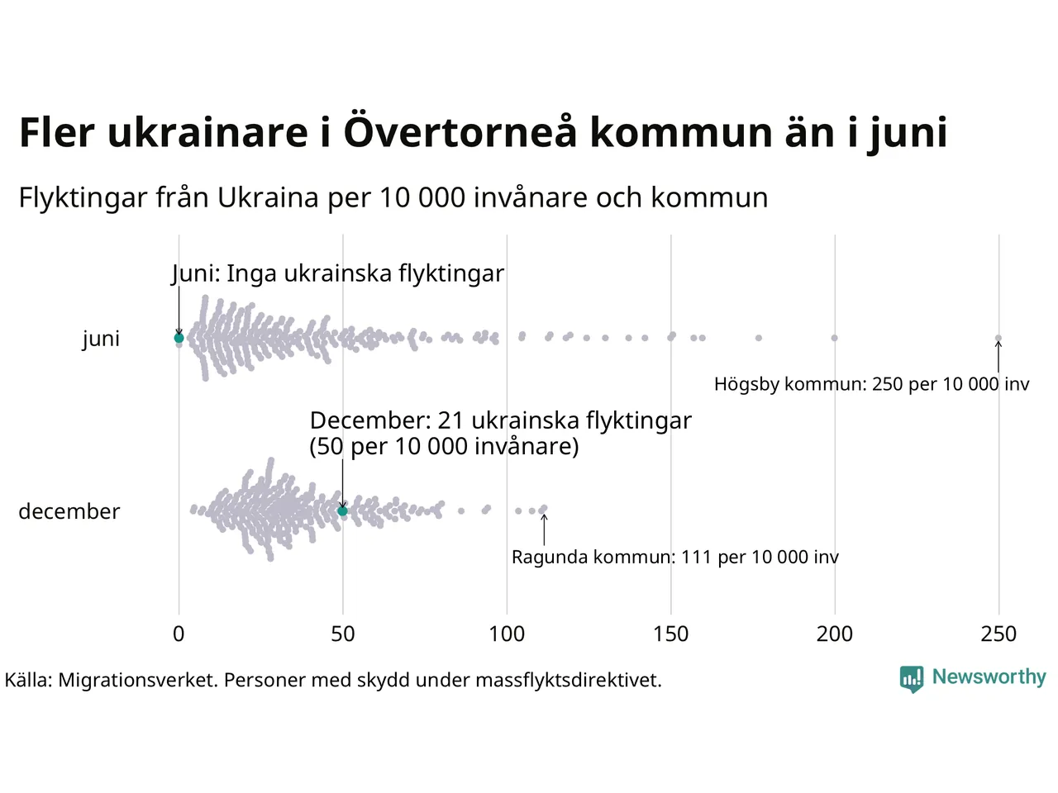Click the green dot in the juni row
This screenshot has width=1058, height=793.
pyautogui.click(x=179, y=338)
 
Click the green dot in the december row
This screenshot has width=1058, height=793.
pyautogui.click(x=343, y=510)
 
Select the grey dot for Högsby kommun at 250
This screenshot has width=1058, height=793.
pyautogui.click(x=998, y=338)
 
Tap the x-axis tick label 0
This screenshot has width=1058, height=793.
pyautogui.click(x=179, y=634)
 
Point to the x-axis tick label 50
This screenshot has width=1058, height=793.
pyautogui.click(x=343, y=634)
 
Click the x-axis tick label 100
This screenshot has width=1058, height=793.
pyautogui.click(x=507, y=634)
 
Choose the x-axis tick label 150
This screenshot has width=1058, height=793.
pyautogui.click(x=670, y=634)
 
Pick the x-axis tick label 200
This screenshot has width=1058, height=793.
pyautogui.click(x=834, y=634)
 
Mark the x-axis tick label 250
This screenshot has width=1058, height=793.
pyautogui.click(x=998, y=634)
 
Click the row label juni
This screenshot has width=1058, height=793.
pyautogui.click(x=101, y=339)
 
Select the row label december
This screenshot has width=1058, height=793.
pyautogui.click(x=69, y=511)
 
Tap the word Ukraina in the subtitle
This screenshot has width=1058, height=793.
pyautogui.click(x=268, y=197)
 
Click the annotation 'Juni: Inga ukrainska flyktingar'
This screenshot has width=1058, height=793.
pyautogui.click(x=337, y=273)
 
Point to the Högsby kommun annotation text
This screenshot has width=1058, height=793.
pyautogui.click(x=871, y=384)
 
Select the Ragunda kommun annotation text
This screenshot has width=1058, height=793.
pyautogui.click(x=674, y=557)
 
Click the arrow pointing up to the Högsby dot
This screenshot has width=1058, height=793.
pyautogui.click(x=998, y=357)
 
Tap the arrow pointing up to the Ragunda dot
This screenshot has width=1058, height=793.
pyautogui.click(x=544, y=529)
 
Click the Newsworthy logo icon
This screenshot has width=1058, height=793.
pyautogui.click(x=912, y=679)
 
